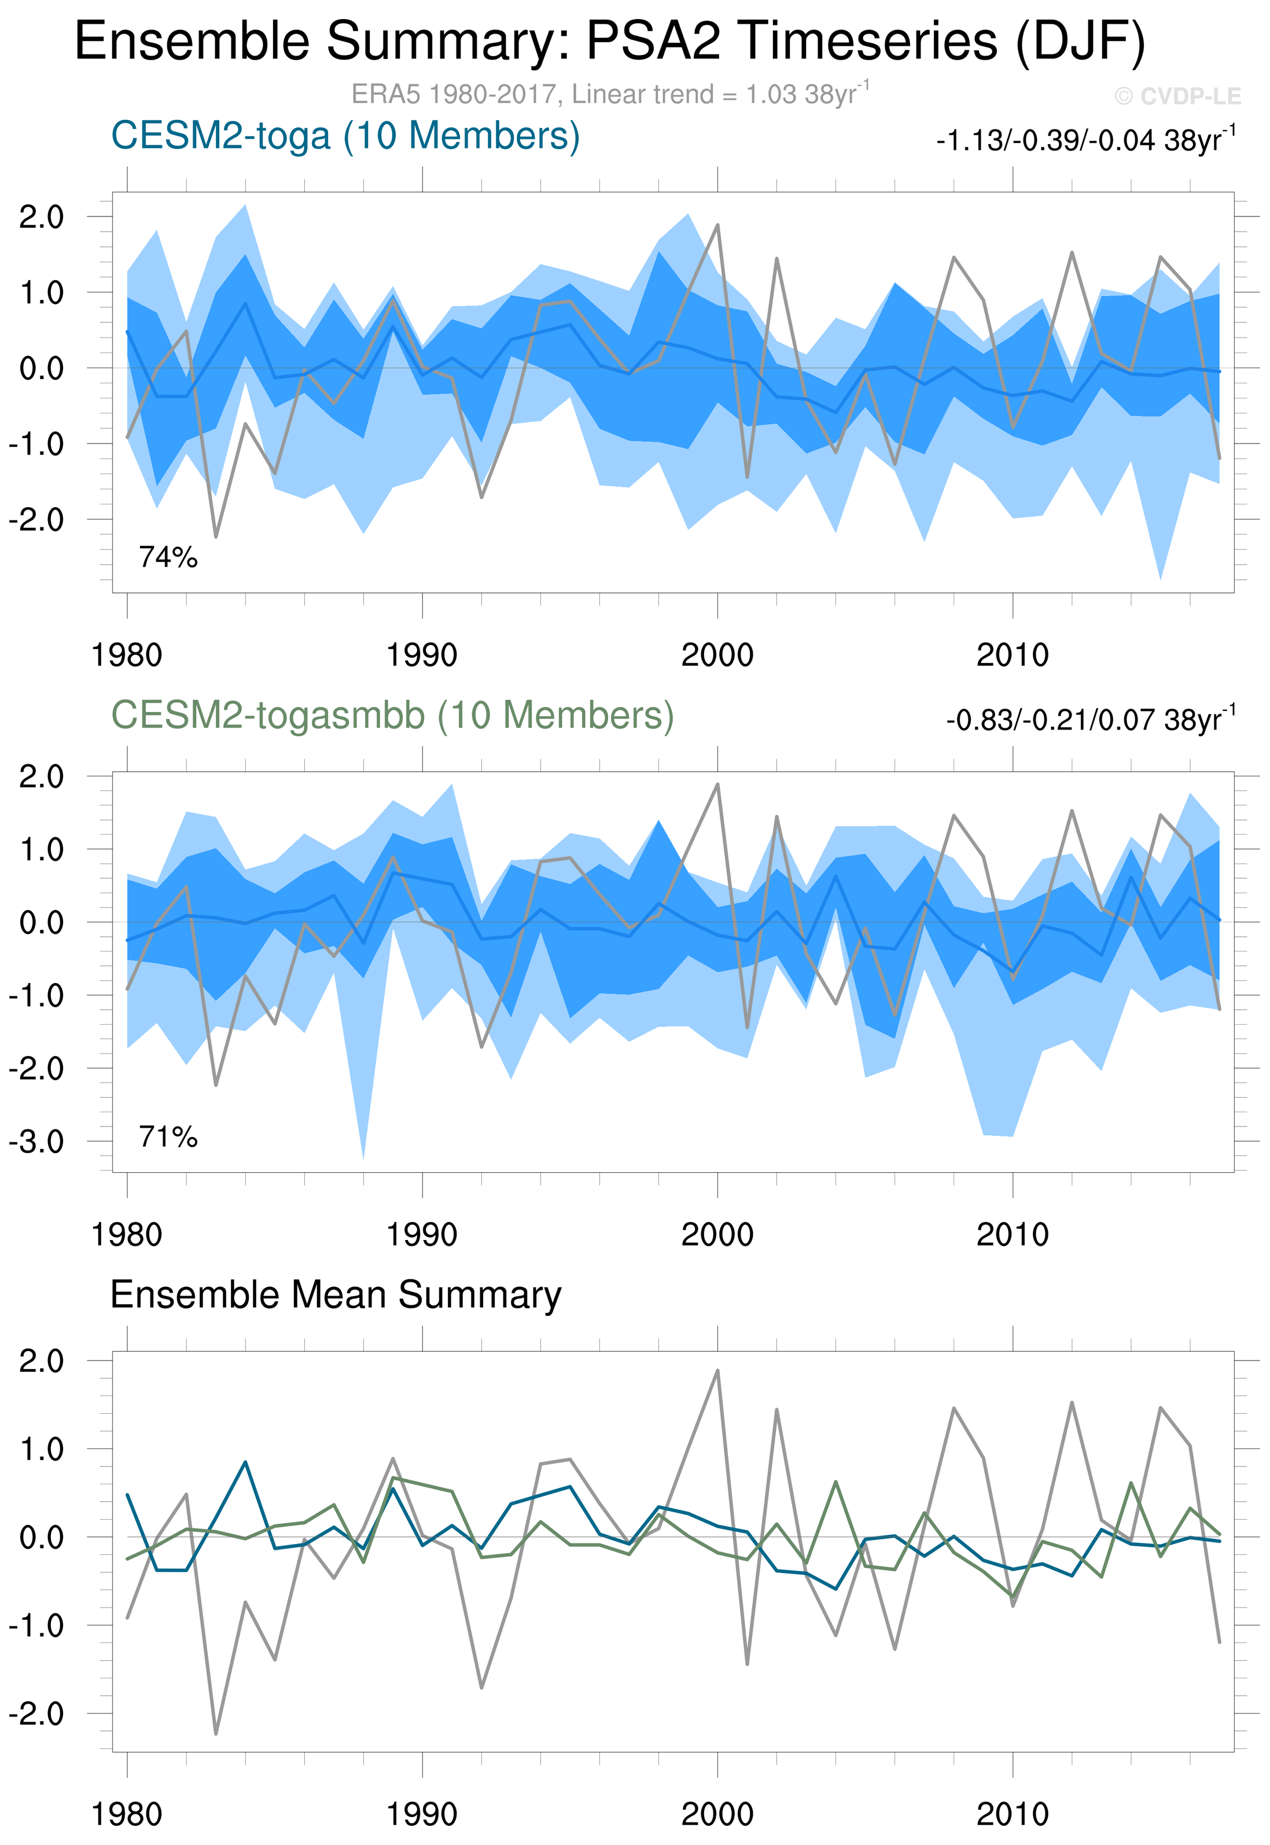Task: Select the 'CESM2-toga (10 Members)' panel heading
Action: click(x=345, y=136)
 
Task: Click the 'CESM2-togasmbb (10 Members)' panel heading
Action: click(x=392, y=716)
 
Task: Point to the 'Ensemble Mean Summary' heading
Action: click(x=335, y=1295)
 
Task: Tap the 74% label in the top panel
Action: click(x=168, y=557)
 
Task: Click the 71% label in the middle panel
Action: click(x=168, y=1136)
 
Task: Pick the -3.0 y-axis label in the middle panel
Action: click(x=36, y=1142)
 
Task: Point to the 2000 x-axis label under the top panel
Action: click(x=717, y=656)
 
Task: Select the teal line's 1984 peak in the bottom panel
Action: click(x=246, y=1462)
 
